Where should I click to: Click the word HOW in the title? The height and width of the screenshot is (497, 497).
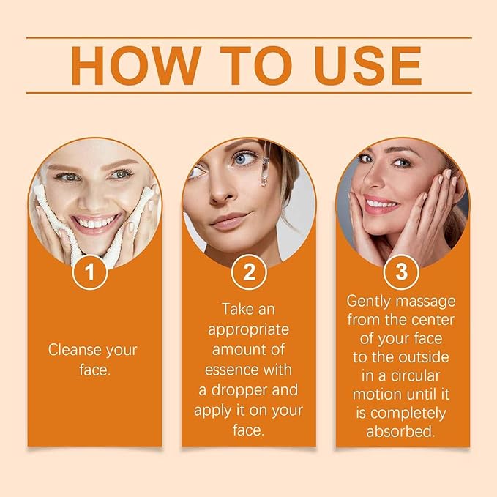click(x=131, y=66)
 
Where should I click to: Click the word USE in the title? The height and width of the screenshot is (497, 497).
click(x=366, y=66)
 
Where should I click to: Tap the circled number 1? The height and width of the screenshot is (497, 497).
click(x=91, y=273)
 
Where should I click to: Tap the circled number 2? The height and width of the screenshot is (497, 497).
click(x=248, y=273)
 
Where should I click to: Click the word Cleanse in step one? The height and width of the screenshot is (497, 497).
click(x=73, y=350)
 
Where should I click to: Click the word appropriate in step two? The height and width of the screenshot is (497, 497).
click(x=249, y=329)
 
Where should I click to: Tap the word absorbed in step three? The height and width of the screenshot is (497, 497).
click(x=401, y=432)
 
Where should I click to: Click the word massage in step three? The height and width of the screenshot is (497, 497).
click(x=429, y=301)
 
